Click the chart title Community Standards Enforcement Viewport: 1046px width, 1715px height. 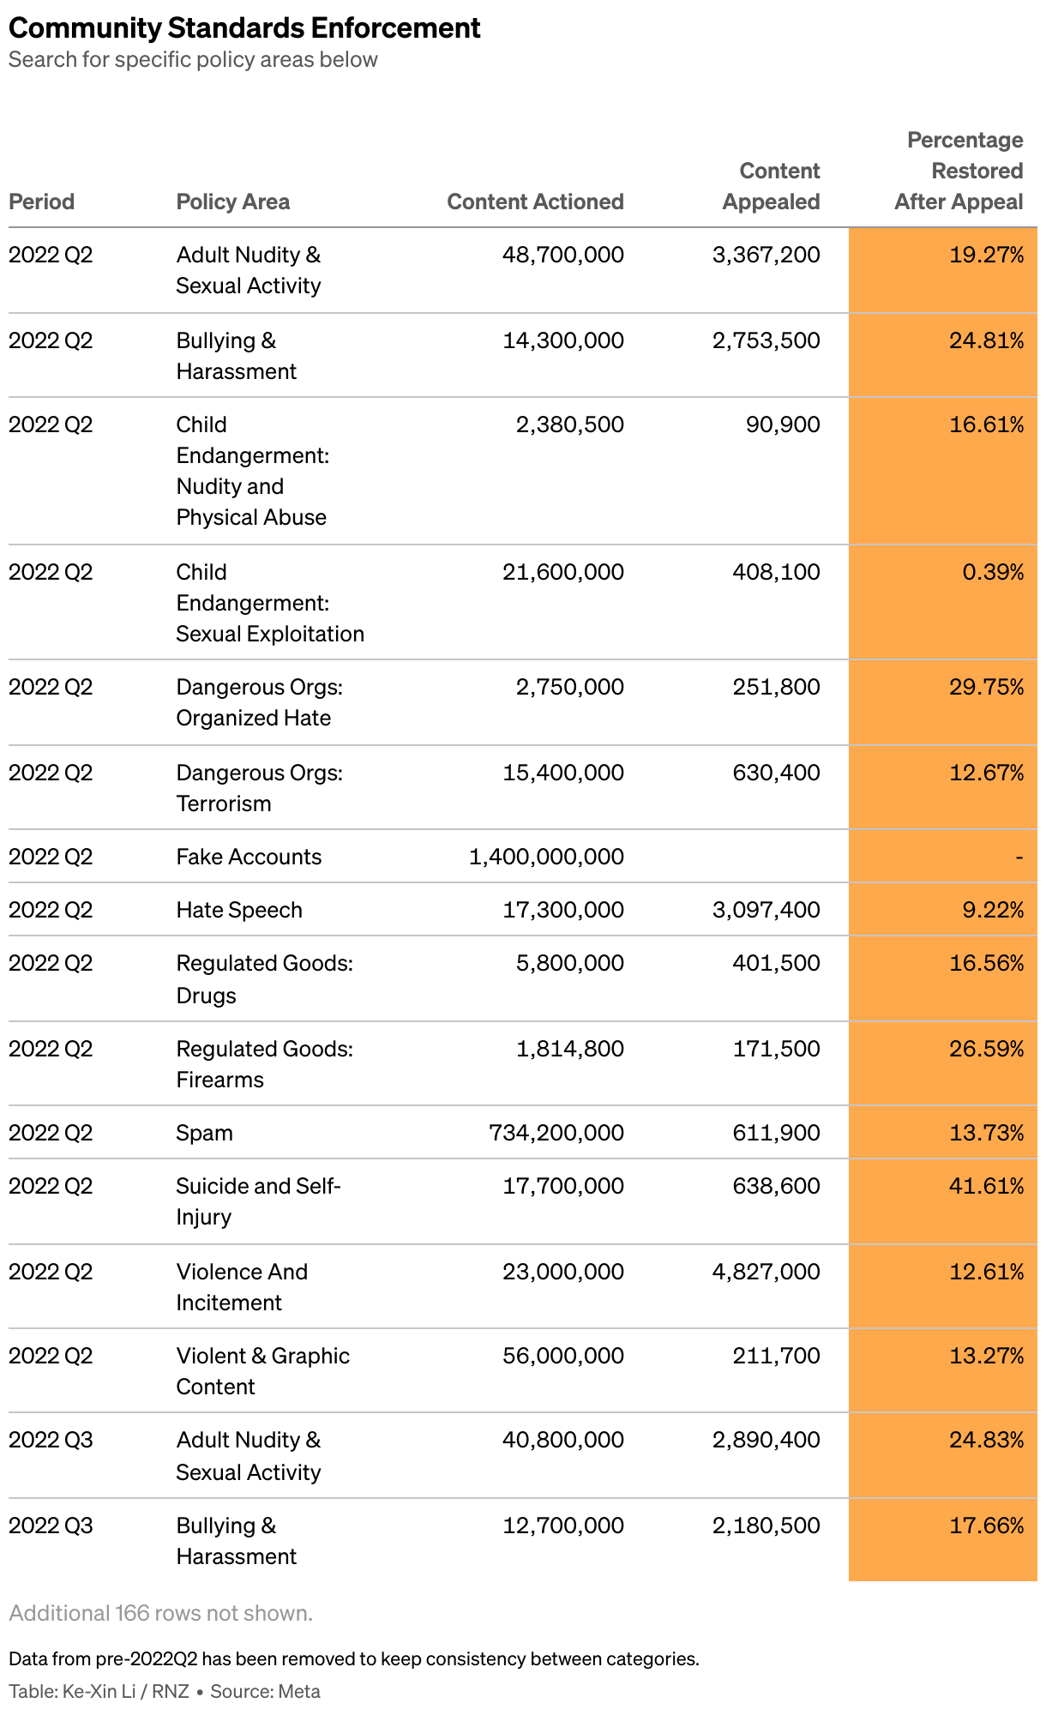(244, 28)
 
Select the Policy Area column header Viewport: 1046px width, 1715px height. (233, 202)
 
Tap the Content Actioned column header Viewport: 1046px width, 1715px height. (536, 202)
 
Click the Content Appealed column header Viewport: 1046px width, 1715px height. (772, 186)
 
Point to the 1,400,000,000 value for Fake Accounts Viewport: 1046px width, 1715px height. (547, 857)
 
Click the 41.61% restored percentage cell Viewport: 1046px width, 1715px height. (987, 1186)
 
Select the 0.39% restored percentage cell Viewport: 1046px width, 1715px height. (994, 572)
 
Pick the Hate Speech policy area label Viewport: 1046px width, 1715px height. (239, 910)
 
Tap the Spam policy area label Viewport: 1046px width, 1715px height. (205, 1133)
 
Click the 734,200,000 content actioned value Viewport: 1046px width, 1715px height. (556, 1133)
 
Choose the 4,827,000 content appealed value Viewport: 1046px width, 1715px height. (766, 1272)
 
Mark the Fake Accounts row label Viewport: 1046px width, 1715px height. (249, 857)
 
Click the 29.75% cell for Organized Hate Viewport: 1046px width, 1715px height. (987, 687)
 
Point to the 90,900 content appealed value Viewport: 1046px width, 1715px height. (783, 424)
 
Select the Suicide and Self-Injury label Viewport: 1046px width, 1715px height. (259, 1201)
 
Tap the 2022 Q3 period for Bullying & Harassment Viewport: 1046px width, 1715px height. (51, 1525)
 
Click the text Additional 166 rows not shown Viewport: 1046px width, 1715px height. (161, 1613)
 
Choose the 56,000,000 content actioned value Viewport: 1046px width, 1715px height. (563, 1356)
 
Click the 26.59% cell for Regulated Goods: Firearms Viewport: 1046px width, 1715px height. (987, 1049)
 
